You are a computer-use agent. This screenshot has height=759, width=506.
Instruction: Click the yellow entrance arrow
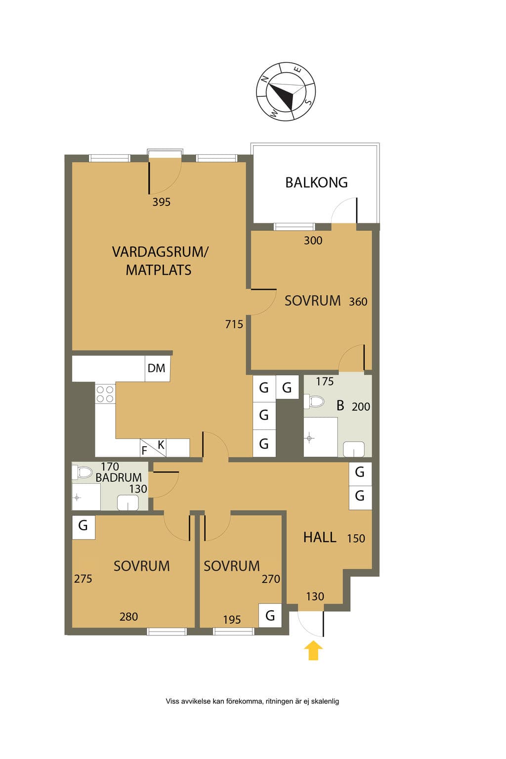pyautogui.click(x=313, y=650)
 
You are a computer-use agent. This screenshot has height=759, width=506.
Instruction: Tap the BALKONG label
pyautogui.click(x=316, y=183)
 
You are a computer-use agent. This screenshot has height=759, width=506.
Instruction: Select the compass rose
pyautogui.click(x=286, y=91)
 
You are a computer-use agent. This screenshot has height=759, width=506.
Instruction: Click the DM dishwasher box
pyautogui.click(x=158, y=368)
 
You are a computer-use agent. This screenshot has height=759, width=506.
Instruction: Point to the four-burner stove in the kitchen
pyautogui.click(x=105, y=394)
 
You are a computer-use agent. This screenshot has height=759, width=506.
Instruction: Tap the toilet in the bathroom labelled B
pyautogui.click(x=314, y=402)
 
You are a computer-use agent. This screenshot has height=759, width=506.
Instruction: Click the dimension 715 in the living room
pyautogui.click(x=234, y=324)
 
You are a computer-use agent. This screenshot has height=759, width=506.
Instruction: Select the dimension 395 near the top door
pyautogui.click(x=161, y=202)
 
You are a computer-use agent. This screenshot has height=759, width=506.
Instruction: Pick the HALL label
pyautogui.click(x=320, y=538)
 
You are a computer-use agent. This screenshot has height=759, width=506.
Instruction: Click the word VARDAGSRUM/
pyautogui.click(x=160, y=252)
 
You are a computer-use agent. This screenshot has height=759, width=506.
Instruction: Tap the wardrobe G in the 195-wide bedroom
pyautogui.click(x=270, y=615)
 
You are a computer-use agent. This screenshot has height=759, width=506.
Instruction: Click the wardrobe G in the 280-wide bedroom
pyautogui.click(x=84, y=526)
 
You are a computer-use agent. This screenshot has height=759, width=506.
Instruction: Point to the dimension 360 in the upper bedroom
pyautogui.click(x=358, y=301)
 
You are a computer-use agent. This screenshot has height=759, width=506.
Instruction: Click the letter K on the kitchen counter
pyautogui.click(x=161, y=445)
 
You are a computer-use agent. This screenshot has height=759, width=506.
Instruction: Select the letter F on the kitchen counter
pyautogui.click(x=144, y=451)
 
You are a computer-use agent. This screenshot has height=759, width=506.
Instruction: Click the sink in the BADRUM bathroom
pyautogui.click(x=128, y=503)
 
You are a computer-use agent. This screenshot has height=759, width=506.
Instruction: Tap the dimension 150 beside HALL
pyautogui.click(x=356, y=539)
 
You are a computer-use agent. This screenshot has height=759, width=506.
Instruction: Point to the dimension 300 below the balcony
pyautogui.click(x=313, y=241)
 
